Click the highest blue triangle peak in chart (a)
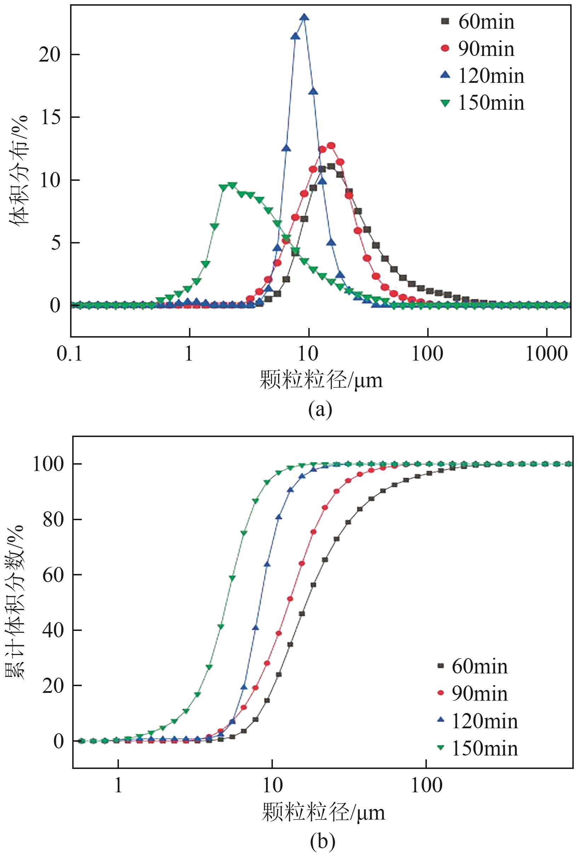coord(304,17)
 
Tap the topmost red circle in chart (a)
coord(331,146)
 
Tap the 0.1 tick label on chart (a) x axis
coord(70,354)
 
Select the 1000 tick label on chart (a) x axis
coord(546,354)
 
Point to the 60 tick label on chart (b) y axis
coord(53,575)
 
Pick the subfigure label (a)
coord(320,409)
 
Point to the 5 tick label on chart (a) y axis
coord(55,243)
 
